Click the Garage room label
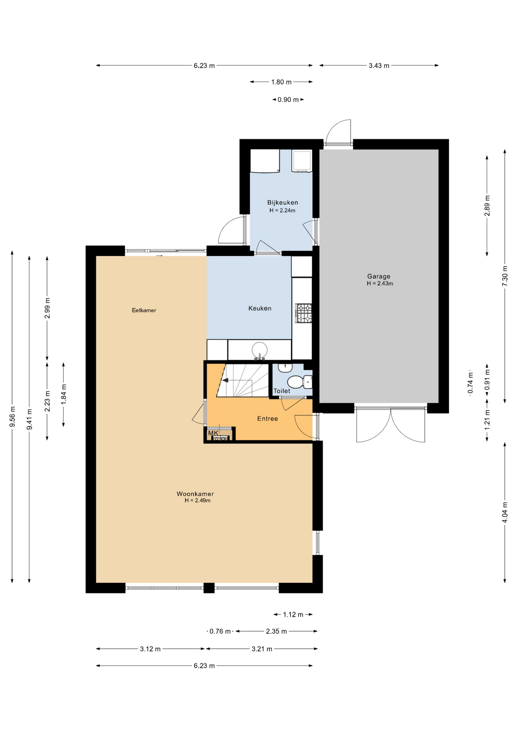pos(378,276)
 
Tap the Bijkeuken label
pos(282,203)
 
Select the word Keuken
pos(260,308)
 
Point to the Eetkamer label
pos(144,310)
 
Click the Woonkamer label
pos(195,494)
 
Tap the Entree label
pos(267,418)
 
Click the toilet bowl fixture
pos(299,381)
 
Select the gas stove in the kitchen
pos(303,313)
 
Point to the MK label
pos(213,433)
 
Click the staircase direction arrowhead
pos(225,380)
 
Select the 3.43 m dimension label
pos(379,65)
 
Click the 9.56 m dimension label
pos(12,417)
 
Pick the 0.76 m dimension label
pos(220,631)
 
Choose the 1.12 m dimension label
pos(293,614)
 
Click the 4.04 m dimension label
pos(505,512)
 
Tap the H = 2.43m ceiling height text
pos(380,284)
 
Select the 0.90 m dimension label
pos(288,100)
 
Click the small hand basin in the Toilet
pos(285,367)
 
